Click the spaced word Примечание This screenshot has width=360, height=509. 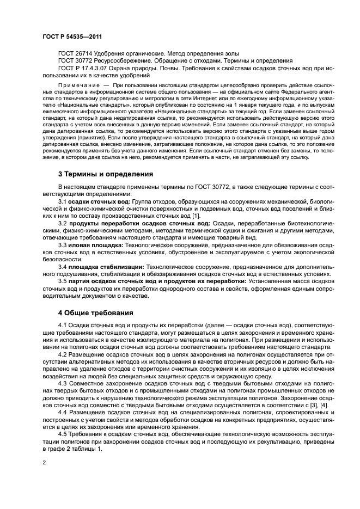(x=78, y=86)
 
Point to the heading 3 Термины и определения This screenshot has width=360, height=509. (x=105, y=174)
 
